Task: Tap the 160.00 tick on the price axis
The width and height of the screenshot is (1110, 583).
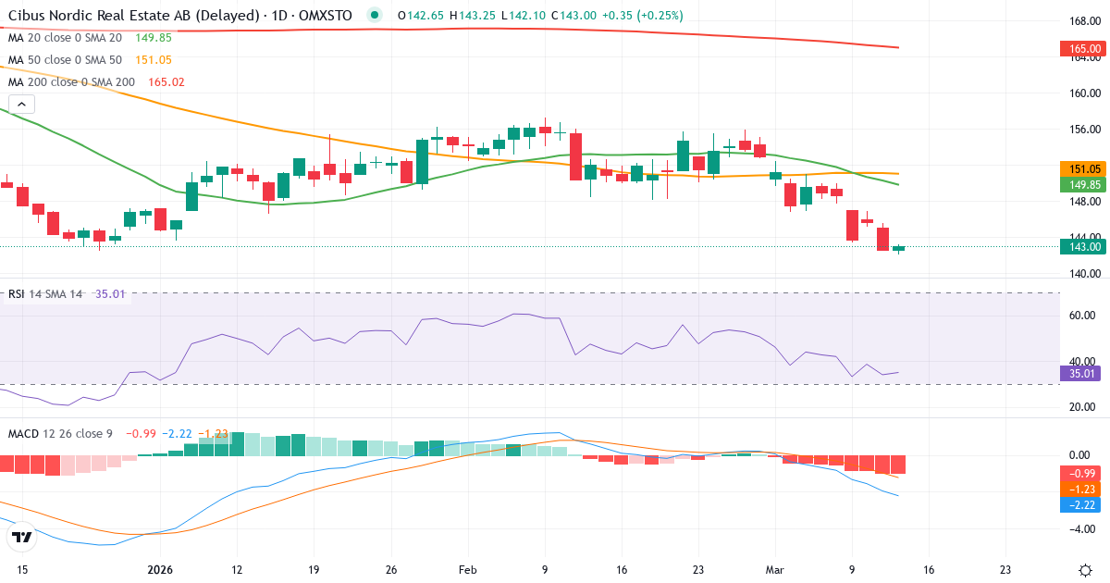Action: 1084,93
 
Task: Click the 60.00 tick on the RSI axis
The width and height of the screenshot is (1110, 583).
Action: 1084,316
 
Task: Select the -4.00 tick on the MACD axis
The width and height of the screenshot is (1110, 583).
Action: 1084,529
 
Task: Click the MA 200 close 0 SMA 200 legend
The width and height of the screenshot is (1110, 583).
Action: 70,81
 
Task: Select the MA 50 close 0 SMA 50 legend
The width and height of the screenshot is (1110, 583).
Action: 65,59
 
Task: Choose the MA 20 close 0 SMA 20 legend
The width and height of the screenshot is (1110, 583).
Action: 65,37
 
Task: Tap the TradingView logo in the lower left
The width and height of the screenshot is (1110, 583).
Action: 22,537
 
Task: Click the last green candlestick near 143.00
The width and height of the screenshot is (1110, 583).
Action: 898,248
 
